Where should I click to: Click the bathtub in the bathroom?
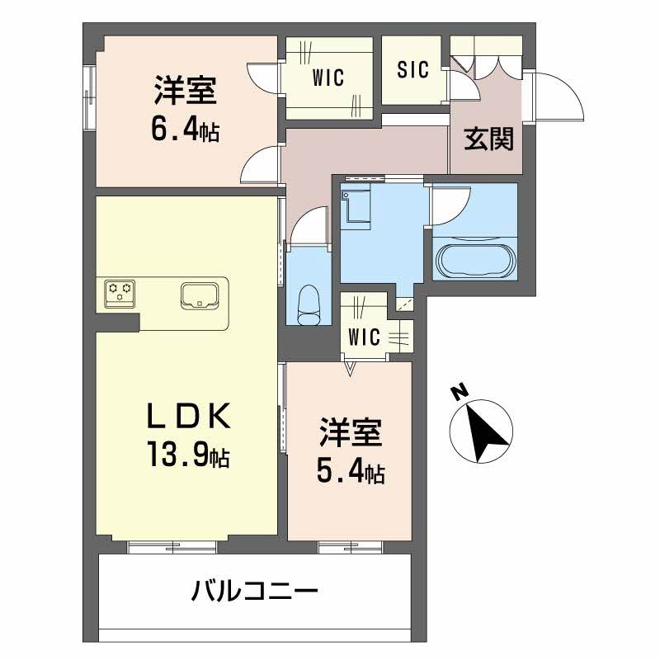pyautogui.click(x=474, y=260)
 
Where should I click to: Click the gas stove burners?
pyautogui.click(x=120, y=291)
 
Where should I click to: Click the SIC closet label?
pyautogui.click(x=412, y=70)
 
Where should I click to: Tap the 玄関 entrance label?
pyautogui.click(x=488, y=139)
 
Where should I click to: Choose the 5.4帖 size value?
pyautogui.click(x=351, y=472)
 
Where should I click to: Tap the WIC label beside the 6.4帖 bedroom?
pyautogui.click(x=328, y=78)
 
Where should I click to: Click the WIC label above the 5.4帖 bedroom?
pyautogui.click(x=363, y=337)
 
